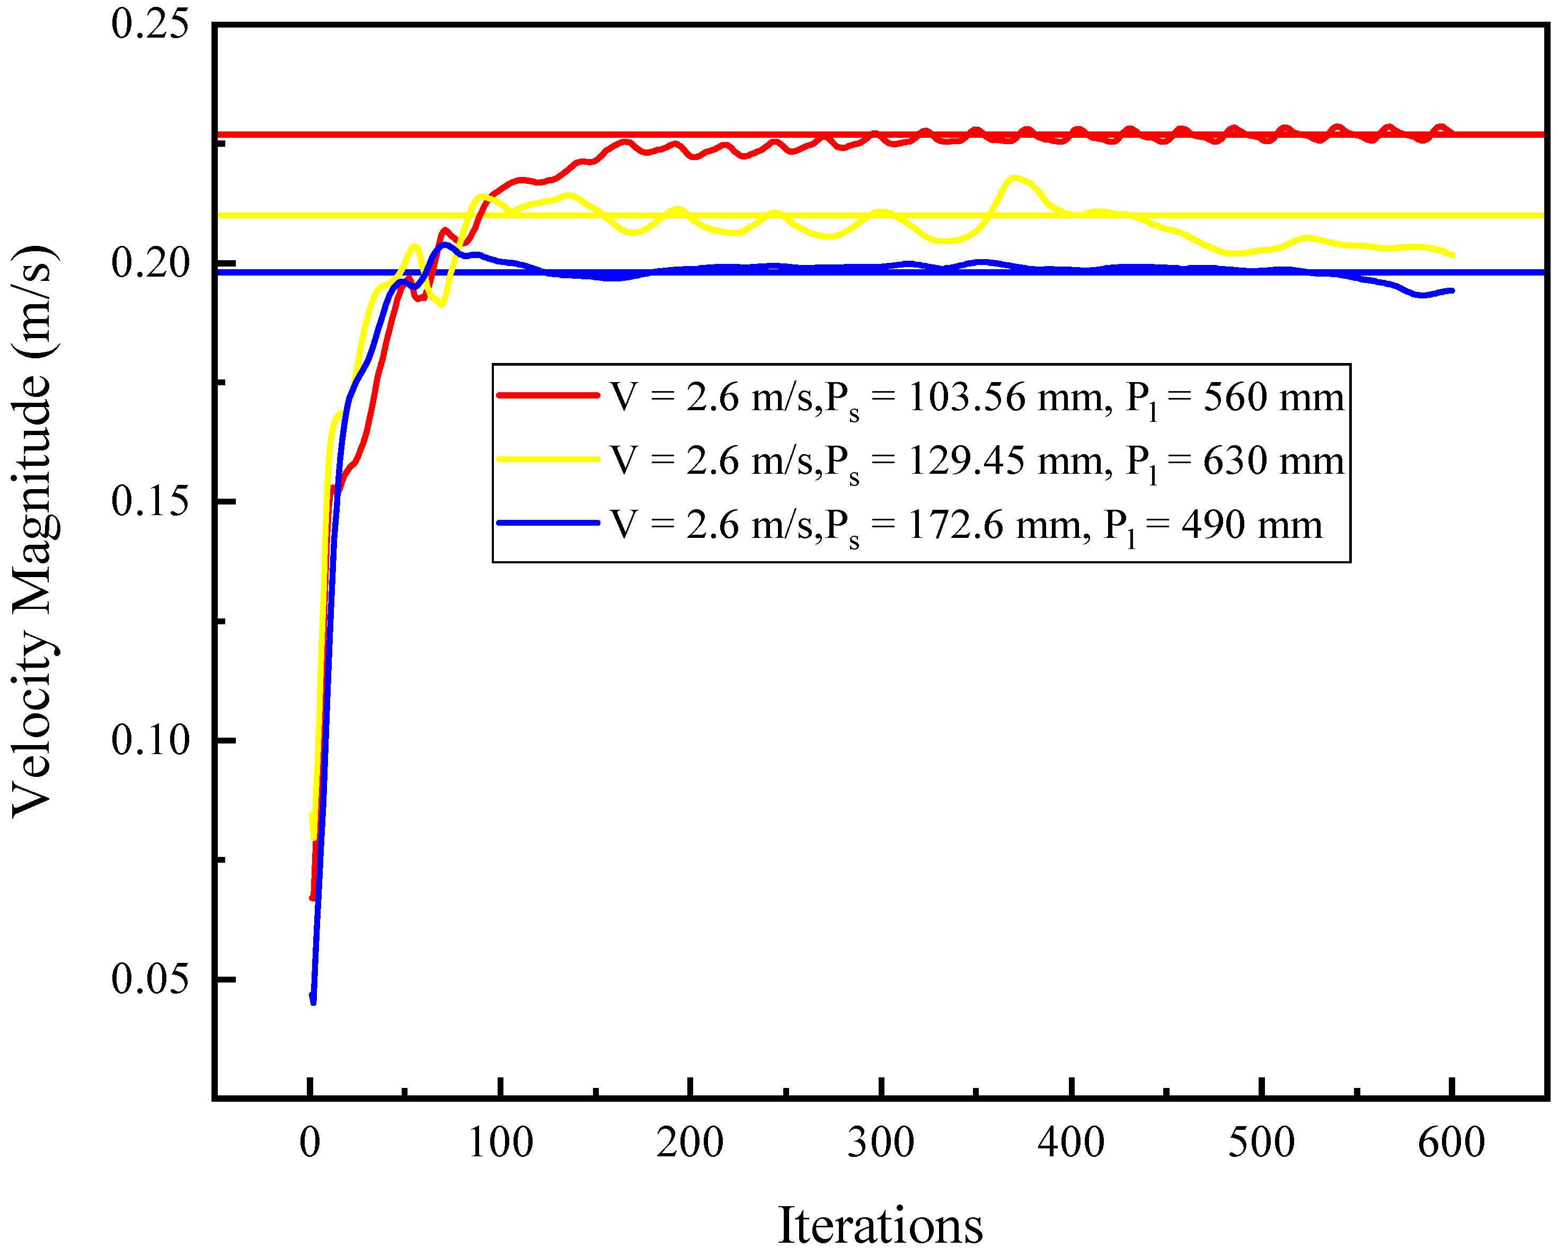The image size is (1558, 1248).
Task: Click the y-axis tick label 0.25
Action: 149,23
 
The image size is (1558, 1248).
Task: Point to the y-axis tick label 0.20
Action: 149,262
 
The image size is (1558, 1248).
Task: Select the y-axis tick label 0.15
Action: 149,500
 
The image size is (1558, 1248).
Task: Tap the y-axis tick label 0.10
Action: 149,739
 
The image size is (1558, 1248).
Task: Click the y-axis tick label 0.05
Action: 149,978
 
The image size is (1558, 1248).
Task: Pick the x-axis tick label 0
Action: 310,1143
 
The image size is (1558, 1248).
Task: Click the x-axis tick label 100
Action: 500,1143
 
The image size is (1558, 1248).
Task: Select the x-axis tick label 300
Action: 881,1143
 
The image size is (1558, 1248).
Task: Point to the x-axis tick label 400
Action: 1071,1143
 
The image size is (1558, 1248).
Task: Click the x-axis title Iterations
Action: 880,1224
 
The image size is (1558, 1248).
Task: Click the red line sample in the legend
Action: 548,395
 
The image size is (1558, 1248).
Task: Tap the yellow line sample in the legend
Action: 548,459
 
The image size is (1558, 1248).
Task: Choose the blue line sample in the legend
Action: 548,523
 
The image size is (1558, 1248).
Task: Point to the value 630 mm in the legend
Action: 1273,461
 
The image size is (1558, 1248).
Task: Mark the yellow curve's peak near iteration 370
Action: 1015,177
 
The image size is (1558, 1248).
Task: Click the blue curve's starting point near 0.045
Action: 313,1001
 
